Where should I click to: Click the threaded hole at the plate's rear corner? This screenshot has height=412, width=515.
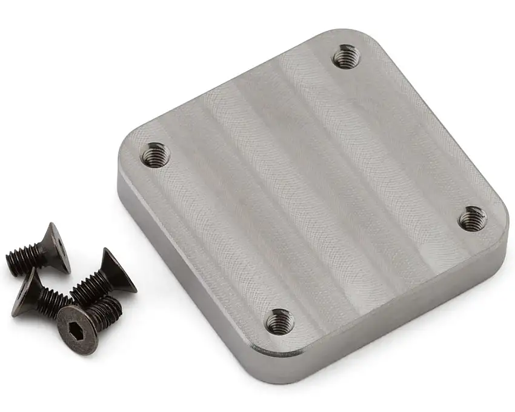tap(347, 57)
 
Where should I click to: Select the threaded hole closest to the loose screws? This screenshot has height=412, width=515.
tap(155, 154)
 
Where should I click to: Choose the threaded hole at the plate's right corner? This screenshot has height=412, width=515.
tap(471, 218)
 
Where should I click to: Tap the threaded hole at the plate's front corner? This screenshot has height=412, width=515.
tap(280, 321)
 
